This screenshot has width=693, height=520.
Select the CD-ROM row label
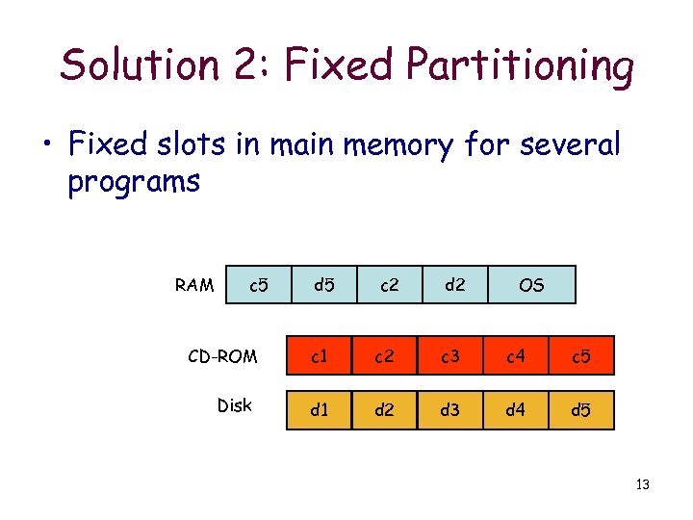tap(222, 357)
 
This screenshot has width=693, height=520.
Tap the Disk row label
tap(234, 405)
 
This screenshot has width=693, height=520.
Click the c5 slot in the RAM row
tap(258, 285)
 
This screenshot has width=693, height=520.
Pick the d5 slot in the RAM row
tap(324, 285)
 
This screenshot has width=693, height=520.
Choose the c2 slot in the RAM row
tap(390, 285)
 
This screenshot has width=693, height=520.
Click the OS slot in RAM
tap(531, 285)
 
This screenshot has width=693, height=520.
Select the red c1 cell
tap(320, 357)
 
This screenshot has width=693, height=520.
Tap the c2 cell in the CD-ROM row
tap(385, 357)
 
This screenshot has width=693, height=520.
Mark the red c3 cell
tap(450, 357)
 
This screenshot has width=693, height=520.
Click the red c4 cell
tap(516, 357)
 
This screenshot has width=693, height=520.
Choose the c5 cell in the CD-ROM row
tap(581, 357)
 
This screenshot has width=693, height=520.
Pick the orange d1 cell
tap(320, 410)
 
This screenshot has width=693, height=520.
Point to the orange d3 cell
tap(450, 410)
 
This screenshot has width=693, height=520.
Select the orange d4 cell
tap(516, 410)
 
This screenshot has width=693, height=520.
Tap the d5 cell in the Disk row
tap(581, 410)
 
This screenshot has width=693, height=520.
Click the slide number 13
tap(643, 484)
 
